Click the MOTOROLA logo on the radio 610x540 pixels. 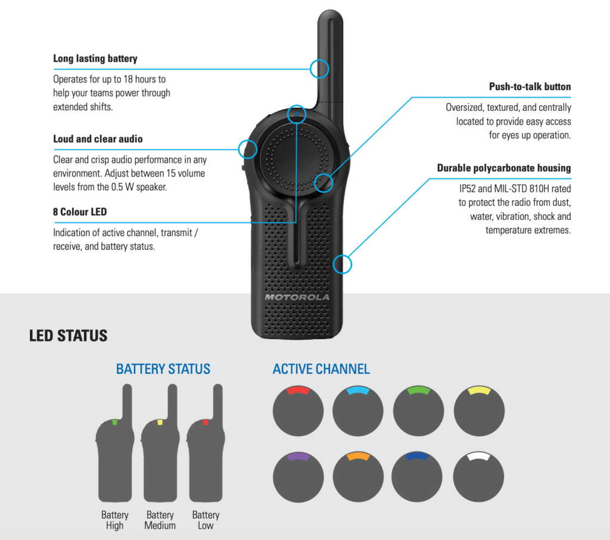coord(297,297)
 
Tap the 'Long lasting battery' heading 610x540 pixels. coord(95,58)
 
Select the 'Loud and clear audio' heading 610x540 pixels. coord(98,139)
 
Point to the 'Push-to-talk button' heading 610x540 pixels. coord(530,86)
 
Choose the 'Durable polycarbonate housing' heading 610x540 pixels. coord(504,168)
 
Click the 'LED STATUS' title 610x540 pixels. coord(69,336)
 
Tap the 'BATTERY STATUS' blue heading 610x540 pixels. coord(163,369)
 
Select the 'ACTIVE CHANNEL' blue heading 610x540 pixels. coord(321,369)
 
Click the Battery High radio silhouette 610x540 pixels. coord(115,453)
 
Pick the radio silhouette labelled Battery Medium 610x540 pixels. coord(160,453)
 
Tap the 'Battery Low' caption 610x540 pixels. coord(206,520)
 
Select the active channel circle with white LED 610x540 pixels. coord(479,477)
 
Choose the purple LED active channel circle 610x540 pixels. coord(298,477)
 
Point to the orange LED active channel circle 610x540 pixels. coord(358,477)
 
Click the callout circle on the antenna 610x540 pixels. coord(319,69)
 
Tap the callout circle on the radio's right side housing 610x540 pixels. coord(343,264)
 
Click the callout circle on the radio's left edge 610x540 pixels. coord(247,148)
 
